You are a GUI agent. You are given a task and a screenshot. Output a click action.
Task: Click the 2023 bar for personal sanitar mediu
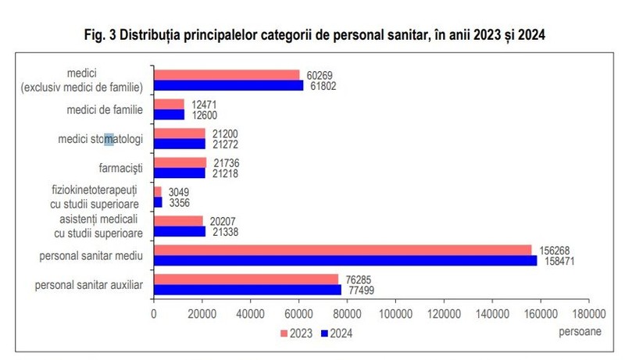click(343, 250)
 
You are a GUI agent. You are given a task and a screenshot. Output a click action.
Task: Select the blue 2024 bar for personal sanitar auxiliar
click(248, 290)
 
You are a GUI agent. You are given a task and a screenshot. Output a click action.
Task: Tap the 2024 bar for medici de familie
click(170, 115)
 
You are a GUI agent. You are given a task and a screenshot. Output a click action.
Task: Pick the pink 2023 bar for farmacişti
click(180, 162)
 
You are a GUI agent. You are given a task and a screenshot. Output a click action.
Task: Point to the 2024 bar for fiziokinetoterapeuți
click(159, 202)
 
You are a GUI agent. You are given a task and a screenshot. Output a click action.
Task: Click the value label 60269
click(320, 75)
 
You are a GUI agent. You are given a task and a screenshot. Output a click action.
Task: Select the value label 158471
click(559, 262)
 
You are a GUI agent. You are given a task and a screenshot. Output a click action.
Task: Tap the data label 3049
click(179, 192)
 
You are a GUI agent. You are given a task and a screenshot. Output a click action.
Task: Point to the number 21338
click(225, 232)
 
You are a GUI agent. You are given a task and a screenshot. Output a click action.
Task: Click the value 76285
click(358, 280)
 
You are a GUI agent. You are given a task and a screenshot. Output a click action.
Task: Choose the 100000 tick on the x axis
click(395, 314)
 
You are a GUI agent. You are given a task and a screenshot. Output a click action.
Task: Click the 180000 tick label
click(589, 314)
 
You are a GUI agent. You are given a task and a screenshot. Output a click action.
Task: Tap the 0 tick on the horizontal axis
click(154, 314)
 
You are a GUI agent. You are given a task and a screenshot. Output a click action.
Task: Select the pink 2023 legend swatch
click(284, 333)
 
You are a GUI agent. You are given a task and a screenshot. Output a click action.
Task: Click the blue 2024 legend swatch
click(324, 333)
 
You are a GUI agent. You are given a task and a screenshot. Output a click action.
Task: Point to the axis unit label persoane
click(580, 331)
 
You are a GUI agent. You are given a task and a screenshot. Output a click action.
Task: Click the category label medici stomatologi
click(101, 139)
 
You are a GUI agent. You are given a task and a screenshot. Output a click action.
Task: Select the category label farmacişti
click(121, 168)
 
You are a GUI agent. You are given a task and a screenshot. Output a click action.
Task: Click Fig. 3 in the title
click(100, 35)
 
